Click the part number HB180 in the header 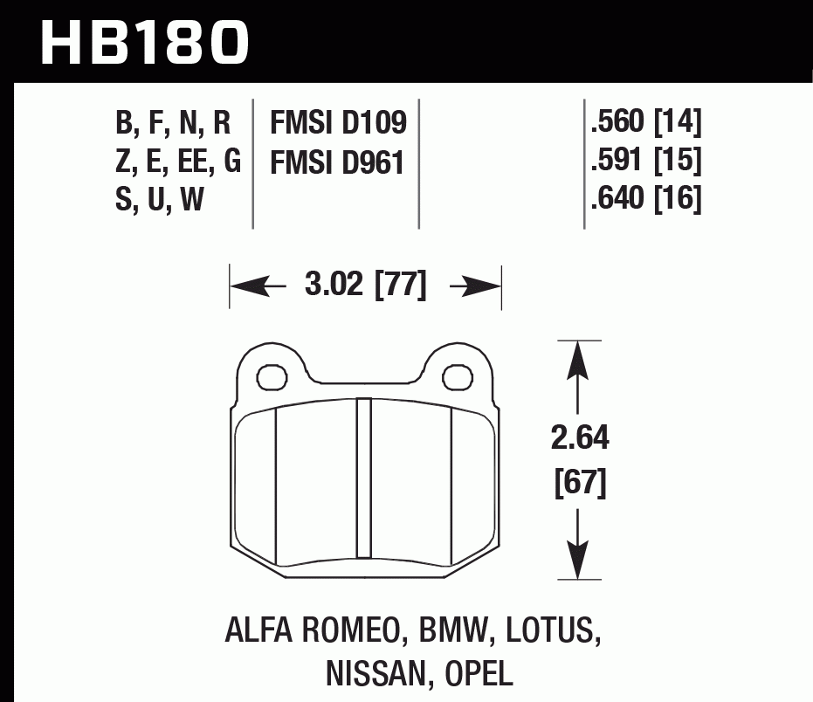pos(145,40)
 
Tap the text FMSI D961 pos(339,162)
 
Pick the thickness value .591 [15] pos(646,162)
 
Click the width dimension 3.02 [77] pos(365,286)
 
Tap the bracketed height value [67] pos(580,482)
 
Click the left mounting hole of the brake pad pos(272,376)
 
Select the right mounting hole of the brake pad pos(456,376)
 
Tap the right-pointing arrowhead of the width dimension pos(485,286)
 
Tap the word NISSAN pos(375,673)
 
